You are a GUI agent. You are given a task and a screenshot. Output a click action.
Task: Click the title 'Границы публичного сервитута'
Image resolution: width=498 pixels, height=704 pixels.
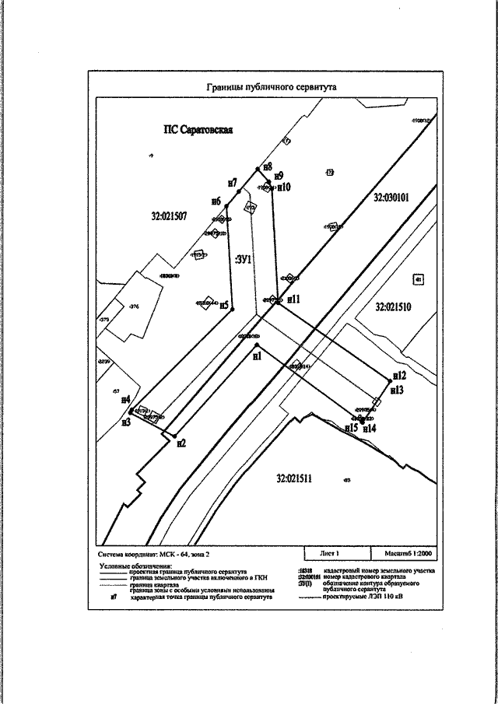pos(271,88)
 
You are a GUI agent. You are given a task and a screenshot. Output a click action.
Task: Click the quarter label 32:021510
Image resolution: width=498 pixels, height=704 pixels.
pos(398,307)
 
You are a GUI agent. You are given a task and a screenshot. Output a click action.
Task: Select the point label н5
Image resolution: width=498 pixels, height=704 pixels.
pos(223,305)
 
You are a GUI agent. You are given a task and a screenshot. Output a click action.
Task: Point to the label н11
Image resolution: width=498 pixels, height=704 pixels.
pos(294,298)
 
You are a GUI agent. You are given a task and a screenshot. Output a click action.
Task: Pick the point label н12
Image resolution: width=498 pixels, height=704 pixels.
pos(399,375)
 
